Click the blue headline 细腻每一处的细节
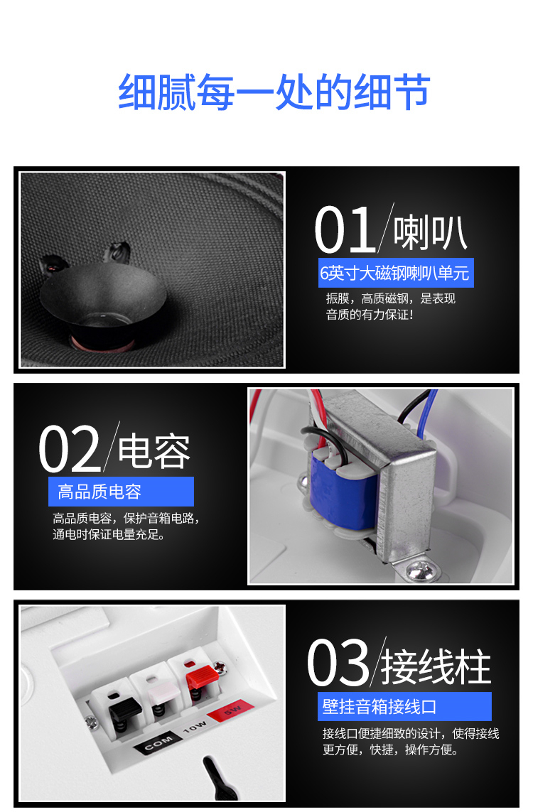click(274, 92)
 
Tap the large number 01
click(345, 229)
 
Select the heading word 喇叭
click(430, 233)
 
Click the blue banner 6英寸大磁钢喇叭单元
click(396, 273)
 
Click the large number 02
click(70, 448)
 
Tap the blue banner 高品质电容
click(122, 492)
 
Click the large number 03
click(338, 663)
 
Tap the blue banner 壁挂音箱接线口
click(404, 706)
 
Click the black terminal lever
click(124, 706)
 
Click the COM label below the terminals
click(158, 744)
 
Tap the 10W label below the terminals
click(194, 726)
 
